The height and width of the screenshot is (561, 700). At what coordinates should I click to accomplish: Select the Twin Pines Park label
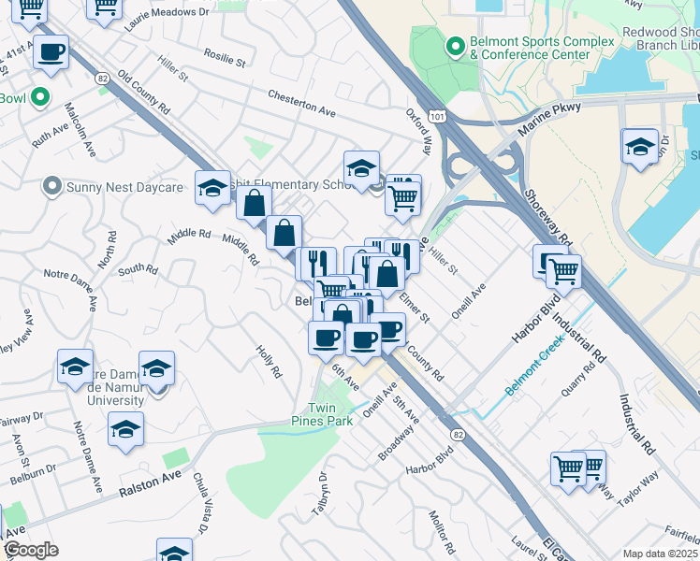click(331, 415)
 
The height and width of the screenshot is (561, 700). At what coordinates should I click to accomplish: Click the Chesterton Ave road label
click(300, 104)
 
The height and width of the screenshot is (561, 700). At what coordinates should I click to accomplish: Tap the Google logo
click(31, 551)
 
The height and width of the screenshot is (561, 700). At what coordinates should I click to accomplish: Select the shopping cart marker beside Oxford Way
click(402, 196)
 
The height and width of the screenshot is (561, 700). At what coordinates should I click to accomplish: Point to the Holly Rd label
click(268, 360)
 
